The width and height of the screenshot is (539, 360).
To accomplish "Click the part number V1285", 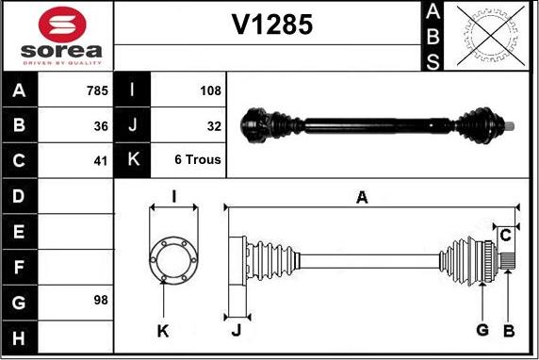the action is pyautogui.click(x=272, y=25).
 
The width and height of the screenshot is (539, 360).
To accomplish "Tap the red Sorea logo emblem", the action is pyautogui.click(x=62, y=25).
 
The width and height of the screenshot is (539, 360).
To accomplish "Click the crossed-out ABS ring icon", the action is pyautogui.click(x=491, y=36).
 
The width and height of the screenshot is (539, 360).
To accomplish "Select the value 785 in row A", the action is pyautogui.click(x=97, y=90).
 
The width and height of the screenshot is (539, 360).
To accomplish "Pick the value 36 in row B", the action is pyautogui.click(x=101, y=126).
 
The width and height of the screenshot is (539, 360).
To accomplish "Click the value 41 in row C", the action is pyautogui.click(x=101, y=161).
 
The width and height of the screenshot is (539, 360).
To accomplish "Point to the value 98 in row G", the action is pyautogui.click(x=101, y=300).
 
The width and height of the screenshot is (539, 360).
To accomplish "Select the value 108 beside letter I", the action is pyautogui.click(x=210, y=90).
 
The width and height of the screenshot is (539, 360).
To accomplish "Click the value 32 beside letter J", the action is pyautogui.click(x=214, y=126).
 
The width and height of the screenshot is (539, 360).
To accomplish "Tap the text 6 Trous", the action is pyautogui.click(x=198, y=159).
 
